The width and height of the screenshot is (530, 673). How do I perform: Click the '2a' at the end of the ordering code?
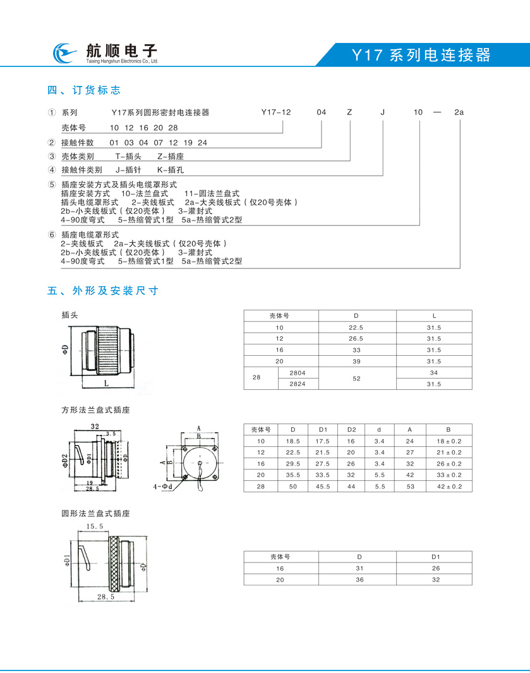(459, 112)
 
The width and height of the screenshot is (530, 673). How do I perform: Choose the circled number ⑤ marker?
(51, 184)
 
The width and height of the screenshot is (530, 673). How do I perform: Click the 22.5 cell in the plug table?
(357, 327)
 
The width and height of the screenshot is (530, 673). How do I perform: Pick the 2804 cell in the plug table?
(298, 373)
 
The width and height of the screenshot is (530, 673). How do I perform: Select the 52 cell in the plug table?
(357, 378)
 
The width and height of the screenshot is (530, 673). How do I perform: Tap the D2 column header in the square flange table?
(352, 429)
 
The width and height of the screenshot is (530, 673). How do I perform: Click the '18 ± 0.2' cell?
(448, 440)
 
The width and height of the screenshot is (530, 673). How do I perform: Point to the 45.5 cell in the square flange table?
(323, 487)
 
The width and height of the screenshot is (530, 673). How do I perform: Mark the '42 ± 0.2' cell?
(448, 487)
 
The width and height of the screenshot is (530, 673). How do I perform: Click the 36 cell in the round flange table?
(359, 579)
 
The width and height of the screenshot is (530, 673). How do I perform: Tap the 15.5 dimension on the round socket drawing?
(94, 526)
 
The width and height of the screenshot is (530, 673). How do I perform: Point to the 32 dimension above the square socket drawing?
(95, 427)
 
